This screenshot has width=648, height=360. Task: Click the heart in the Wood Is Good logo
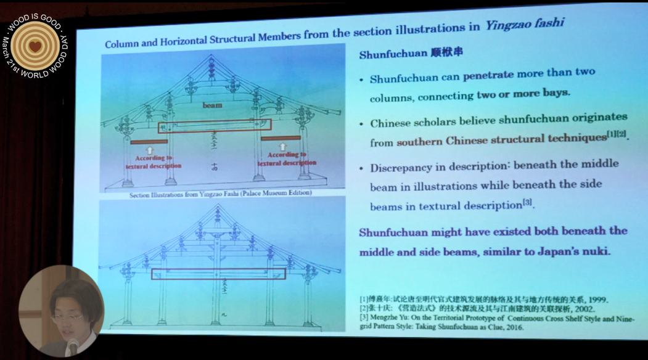35,46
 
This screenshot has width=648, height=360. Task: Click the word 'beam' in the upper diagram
212,105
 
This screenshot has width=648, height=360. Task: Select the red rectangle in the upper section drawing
215,126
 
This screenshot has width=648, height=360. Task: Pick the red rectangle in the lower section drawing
218,274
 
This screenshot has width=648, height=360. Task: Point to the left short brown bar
149,142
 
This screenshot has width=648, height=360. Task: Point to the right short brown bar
281,138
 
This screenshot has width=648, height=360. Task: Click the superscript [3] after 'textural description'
527,203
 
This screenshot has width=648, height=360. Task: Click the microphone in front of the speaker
73,346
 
